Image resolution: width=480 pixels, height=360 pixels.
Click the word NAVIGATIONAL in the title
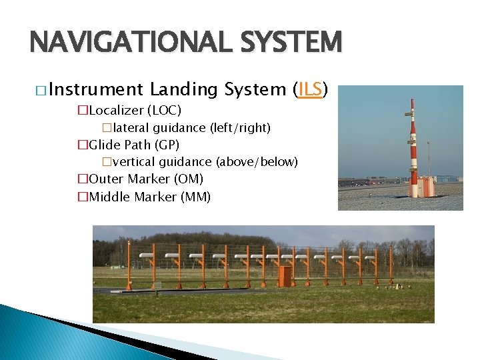(125, 43)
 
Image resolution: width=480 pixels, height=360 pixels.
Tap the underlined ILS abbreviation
(311, 89)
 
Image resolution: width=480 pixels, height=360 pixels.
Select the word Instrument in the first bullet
(95, 89)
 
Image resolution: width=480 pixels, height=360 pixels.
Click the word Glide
(105, 145)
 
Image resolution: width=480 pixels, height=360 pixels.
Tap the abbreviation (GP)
(167, 145)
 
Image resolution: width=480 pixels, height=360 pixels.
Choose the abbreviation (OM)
(189, 179)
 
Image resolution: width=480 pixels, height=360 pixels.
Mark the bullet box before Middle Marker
(83, 197)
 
